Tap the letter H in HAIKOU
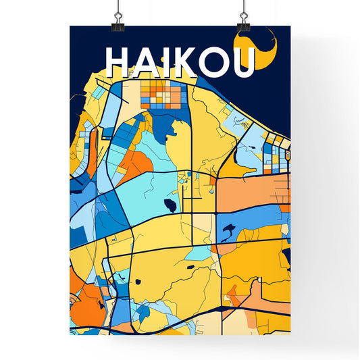[x=118, y=61]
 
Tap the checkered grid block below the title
[x=161, y=97]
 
